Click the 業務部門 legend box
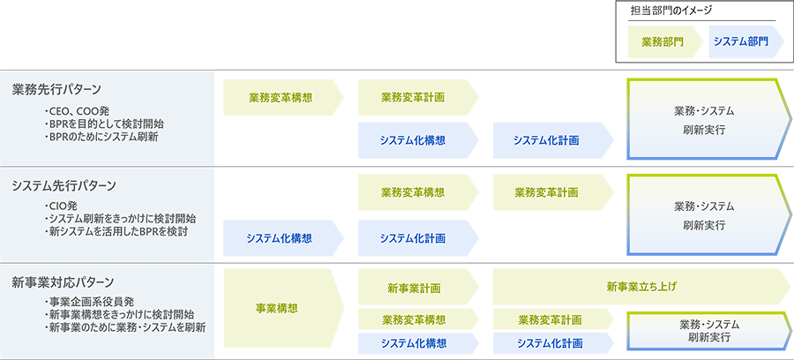click(660, 41)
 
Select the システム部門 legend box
click(740, 41)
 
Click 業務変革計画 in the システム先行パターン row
click(545, 191)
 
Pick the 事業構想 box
click(278, 308)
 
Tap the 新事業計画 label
click(413, 288)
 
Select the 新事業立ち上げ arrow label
click(641, 287)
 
